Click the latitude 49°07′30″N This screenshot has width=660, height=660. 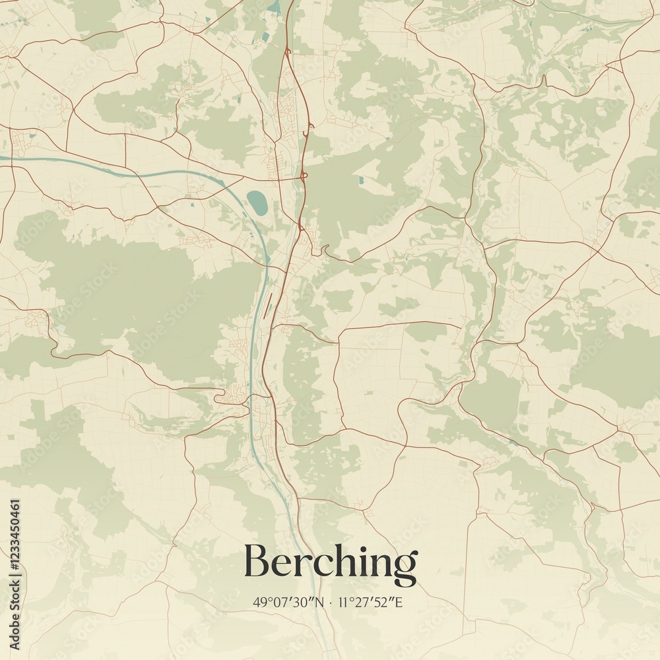click(288, 602)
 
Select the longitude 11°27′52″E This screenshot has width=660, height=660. click(372, 602)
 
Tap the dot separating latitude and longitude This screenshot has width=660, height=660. click(331, 603)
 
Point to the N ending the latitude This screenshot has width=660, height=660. click(321, 602)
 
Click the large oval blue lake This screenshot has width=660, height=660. click(257, 202)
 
